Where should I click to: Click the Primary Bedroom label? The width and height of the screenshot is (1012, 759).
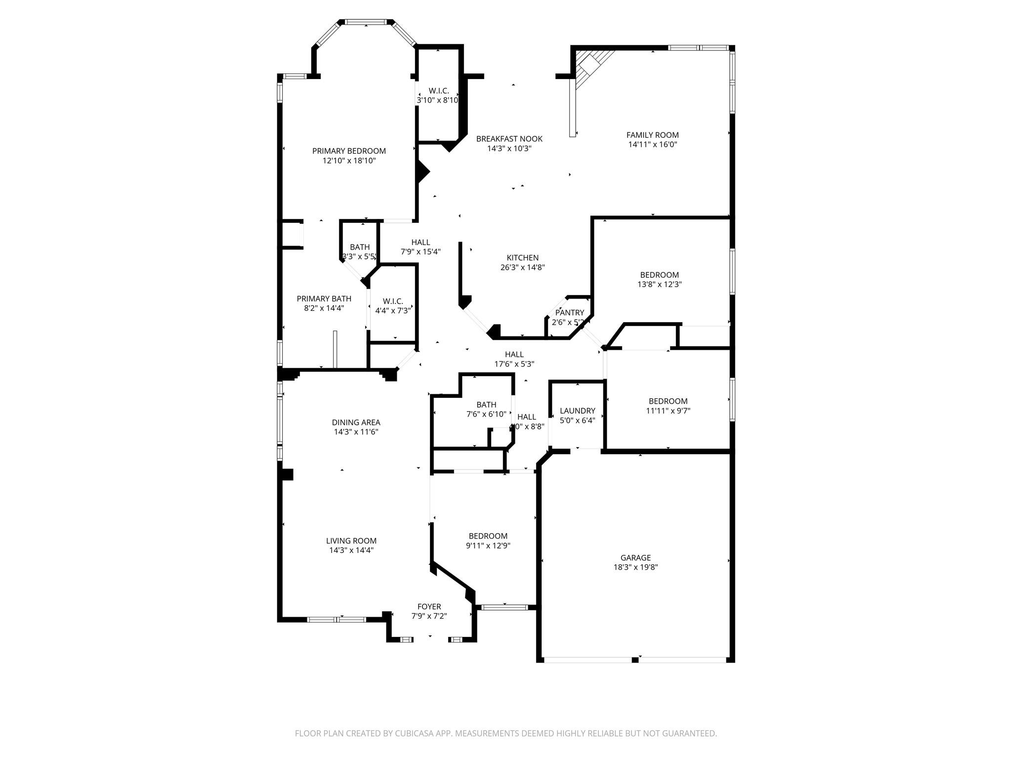(349, 151)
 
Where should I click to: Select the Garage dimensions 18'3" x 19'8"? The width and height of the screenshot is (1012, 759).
(635, 567)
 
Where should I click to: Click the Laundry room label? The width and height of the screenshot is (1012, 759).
(577, 411)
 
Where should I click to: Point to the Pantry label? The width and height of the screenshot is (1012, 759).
(569, 313)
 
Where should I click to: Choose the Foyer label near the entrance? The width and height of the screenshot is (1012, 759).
(429, 607)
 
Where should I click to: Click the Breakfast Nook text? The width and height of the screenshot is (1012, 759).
(509, 139)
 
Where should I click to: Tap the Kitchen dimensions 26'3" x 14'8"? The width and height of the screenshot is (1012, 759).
(522, 267)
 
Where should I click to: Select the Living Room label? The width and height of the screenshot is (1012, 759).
(351, 541)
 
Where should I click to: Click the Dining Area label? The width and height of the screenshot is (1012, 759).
(356, 422)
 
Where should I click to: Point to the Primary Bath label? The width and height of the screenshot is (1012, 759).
(324, 298)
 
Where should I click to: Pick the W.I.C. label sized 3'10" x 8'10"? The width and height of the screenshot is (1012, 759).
(438, 91)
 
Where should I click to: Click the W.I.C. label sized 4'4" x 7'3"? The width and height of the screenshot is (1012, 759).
(393, 301)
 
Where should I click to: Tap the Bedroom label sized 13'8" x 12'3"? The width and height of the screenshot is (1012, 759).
(659, 275)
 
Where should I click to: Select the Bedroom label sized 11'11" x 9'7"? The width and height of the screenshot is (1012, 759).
(668, 401)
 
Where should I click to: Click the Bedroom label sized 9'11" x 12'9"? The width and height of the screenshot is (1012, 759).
(488, 536)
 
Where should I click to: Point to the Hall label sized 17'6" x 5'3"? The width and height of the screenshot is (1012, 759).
(514, 354)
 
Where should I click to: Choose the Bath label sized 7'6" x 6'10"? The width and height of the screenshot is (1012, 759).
(486, 405)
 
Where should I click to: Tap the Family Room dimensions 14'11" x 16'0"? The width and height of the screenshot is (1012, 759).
(652, 145)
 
